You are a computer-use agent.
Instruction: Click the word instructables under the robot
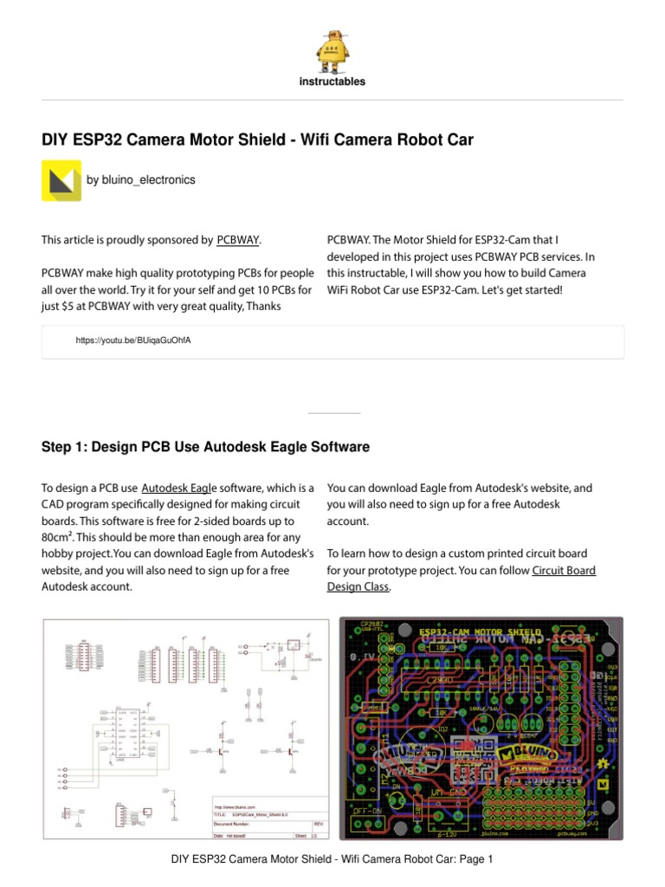[x=332, y=81]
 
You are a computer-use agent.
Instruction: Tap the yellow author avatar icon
[x=61, y=180]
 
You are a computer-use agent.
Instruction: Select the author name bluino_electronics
[x=140, y=180]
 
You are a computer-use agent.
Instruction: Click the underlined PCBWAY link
[x=237, y=239]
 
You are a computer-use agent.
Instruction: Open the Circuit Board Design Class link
[x=564, y=571]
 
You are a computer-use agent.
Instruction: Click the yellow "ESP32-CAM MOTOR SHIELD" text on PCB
[x=481, y=631]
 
